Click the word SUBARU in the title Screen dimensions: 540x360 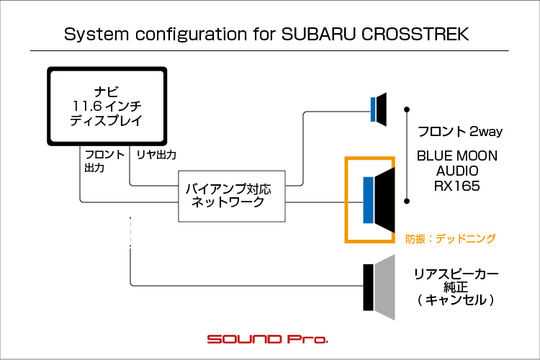318,34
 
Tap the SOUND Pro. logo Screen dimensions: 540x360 268,339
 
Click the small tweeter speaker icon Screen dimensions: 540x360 379,109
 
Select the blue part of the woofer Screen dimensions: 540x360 369,200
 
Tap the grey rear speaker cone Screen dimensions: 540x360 384,288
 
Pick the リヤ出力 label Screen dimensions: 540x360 156,155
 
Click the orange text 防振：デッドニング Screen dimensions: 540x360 451,238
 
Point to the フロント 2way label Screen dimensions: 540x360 460,131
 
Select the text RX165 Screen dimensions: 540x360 456,186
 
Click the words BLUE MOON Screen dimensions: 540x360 457,156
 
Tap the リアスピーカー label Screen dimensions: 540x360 456,274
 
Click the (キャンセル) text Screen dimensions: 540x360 456,300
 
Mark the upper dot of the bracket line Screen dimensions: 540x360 407,109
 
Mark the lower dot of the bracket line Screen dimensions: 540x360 407,201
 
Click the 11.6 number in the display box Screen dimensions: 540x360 87,106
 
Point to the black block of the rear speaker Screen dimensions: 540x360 369,288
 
